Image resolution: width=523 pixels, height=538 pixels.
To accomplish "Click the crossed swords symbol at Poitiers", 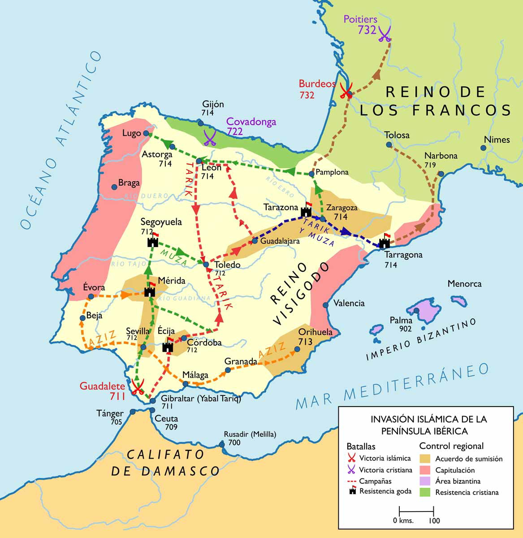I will pos(385,34).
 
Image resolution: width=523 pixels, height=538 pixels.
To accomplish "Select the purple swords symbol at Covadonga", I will pos(210,138).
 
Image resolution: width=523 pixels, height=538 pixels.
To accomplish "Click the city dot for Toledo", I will pos(206,265).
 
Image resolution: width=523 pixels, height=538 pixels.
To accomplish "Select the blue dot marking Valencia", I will pos(326,305).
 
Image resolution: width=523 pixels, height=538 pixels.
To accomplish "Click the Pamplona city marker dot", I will pos(311,174).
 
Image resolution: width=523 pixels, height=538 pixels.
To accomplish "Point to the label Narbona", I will pos(441,156).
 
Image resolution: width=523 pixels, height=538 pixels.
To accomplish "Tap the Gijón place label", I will pos(213,104).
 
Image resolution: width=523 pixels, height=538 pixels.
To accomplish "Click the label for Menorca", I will pos(464,284).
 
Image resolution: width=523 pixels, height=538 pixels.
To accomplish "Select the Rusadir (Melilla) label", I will pos(250,434).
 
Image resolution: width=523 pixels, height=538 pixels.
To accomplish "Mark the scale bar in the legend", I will pos(416,511).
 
